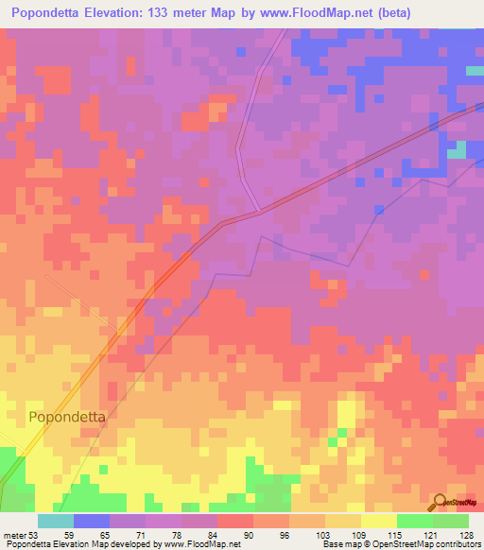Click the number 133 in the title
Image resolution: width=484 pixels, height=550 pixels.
[181, 12]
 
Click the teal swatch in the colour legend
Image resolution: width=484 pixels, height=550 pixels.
[56, 520]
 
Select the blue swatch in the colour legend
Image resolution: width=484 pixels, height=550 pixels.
[92, 520]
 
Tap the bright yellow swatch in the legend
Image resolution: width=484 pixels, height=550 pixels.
[379, 520]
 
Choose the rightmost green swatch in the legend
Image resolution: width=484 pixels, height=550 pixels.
[451, 520]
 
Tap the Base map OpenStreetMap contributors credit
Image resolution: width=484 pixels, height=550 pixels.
[401, 543]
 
